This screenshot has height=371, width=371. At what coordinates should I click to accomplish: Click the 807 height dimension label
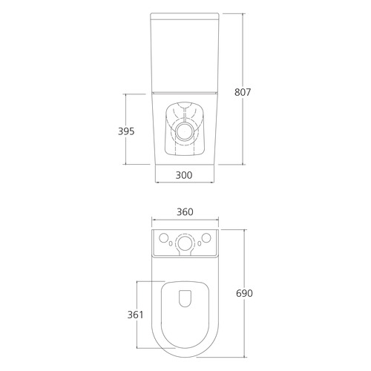click(243, 92)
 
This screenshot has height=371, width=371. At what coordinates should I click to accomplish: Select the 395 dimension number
click(126, 131)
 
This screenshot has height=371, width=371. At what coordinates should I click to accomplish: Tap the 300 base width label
click(184, 175)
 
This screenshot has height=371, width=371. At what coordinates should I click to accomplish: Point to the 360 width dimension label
click(185, 211)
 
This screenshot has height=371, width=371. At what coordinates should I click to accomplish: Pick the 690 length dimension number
click(244, 293)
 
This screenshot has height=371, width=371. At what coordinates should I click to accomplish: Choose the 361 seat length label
click(135, 315)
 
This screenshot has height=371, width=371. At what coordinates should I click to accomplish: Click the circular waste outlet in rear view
click(185, 131)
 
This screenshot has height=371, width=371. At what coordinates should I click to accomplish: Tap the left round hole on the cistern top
click(163, 238)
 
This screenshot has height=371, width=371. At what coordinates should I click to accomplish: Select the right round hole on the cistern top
click(206, 238)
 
